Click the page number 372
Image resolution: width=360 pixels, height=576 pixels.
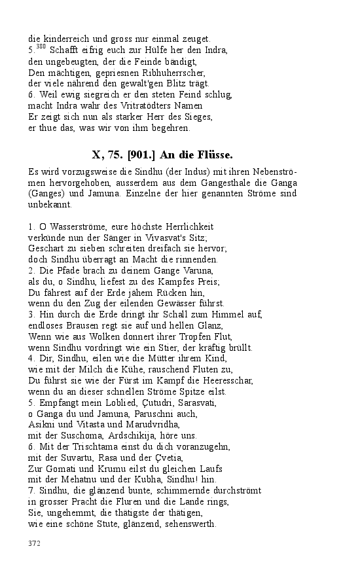35,543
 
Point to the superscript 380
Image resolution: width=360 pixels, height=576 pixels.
41,47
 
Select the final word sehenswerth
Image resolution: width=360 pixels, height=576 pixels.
187,525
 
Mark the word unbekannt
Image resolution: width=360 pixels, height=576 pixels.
50,205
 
